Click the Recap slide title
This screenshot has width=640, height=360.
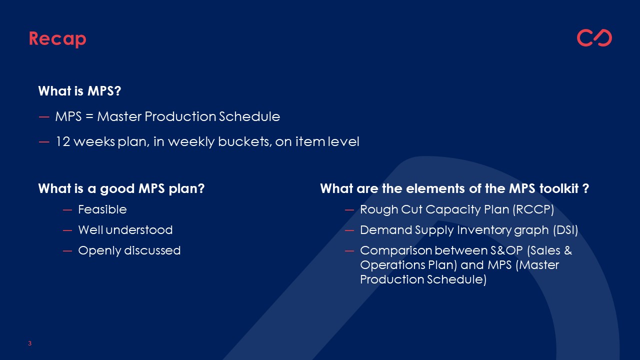coord(57,39)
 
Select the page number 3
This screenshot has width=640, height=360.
coord(29,343)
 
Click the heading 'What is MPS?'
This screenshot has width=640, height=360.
coord(79,91)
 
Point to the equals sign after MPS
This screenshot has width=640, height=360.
coord(89,116)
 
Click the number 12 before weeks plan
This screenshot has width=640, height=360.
coord(63,141)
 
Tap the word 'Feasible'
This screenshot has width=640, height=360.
coord(102,209)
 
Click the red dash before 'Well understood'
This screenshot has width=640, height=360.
coord(67,230)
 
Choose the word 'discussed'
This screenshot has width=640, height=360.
coord(152,250)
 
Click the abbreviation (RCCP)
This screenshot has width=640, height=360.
coord(533,209)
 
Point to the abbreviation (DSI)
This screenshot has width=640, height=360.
coord(565,230)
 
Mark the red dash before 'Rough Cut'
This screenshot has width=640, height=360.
coord(349,210)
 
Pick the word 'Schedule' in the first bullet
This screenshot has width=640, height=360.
coord(249,116)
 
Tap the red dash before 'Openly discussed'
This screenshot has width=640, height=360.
coord(67,251)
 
